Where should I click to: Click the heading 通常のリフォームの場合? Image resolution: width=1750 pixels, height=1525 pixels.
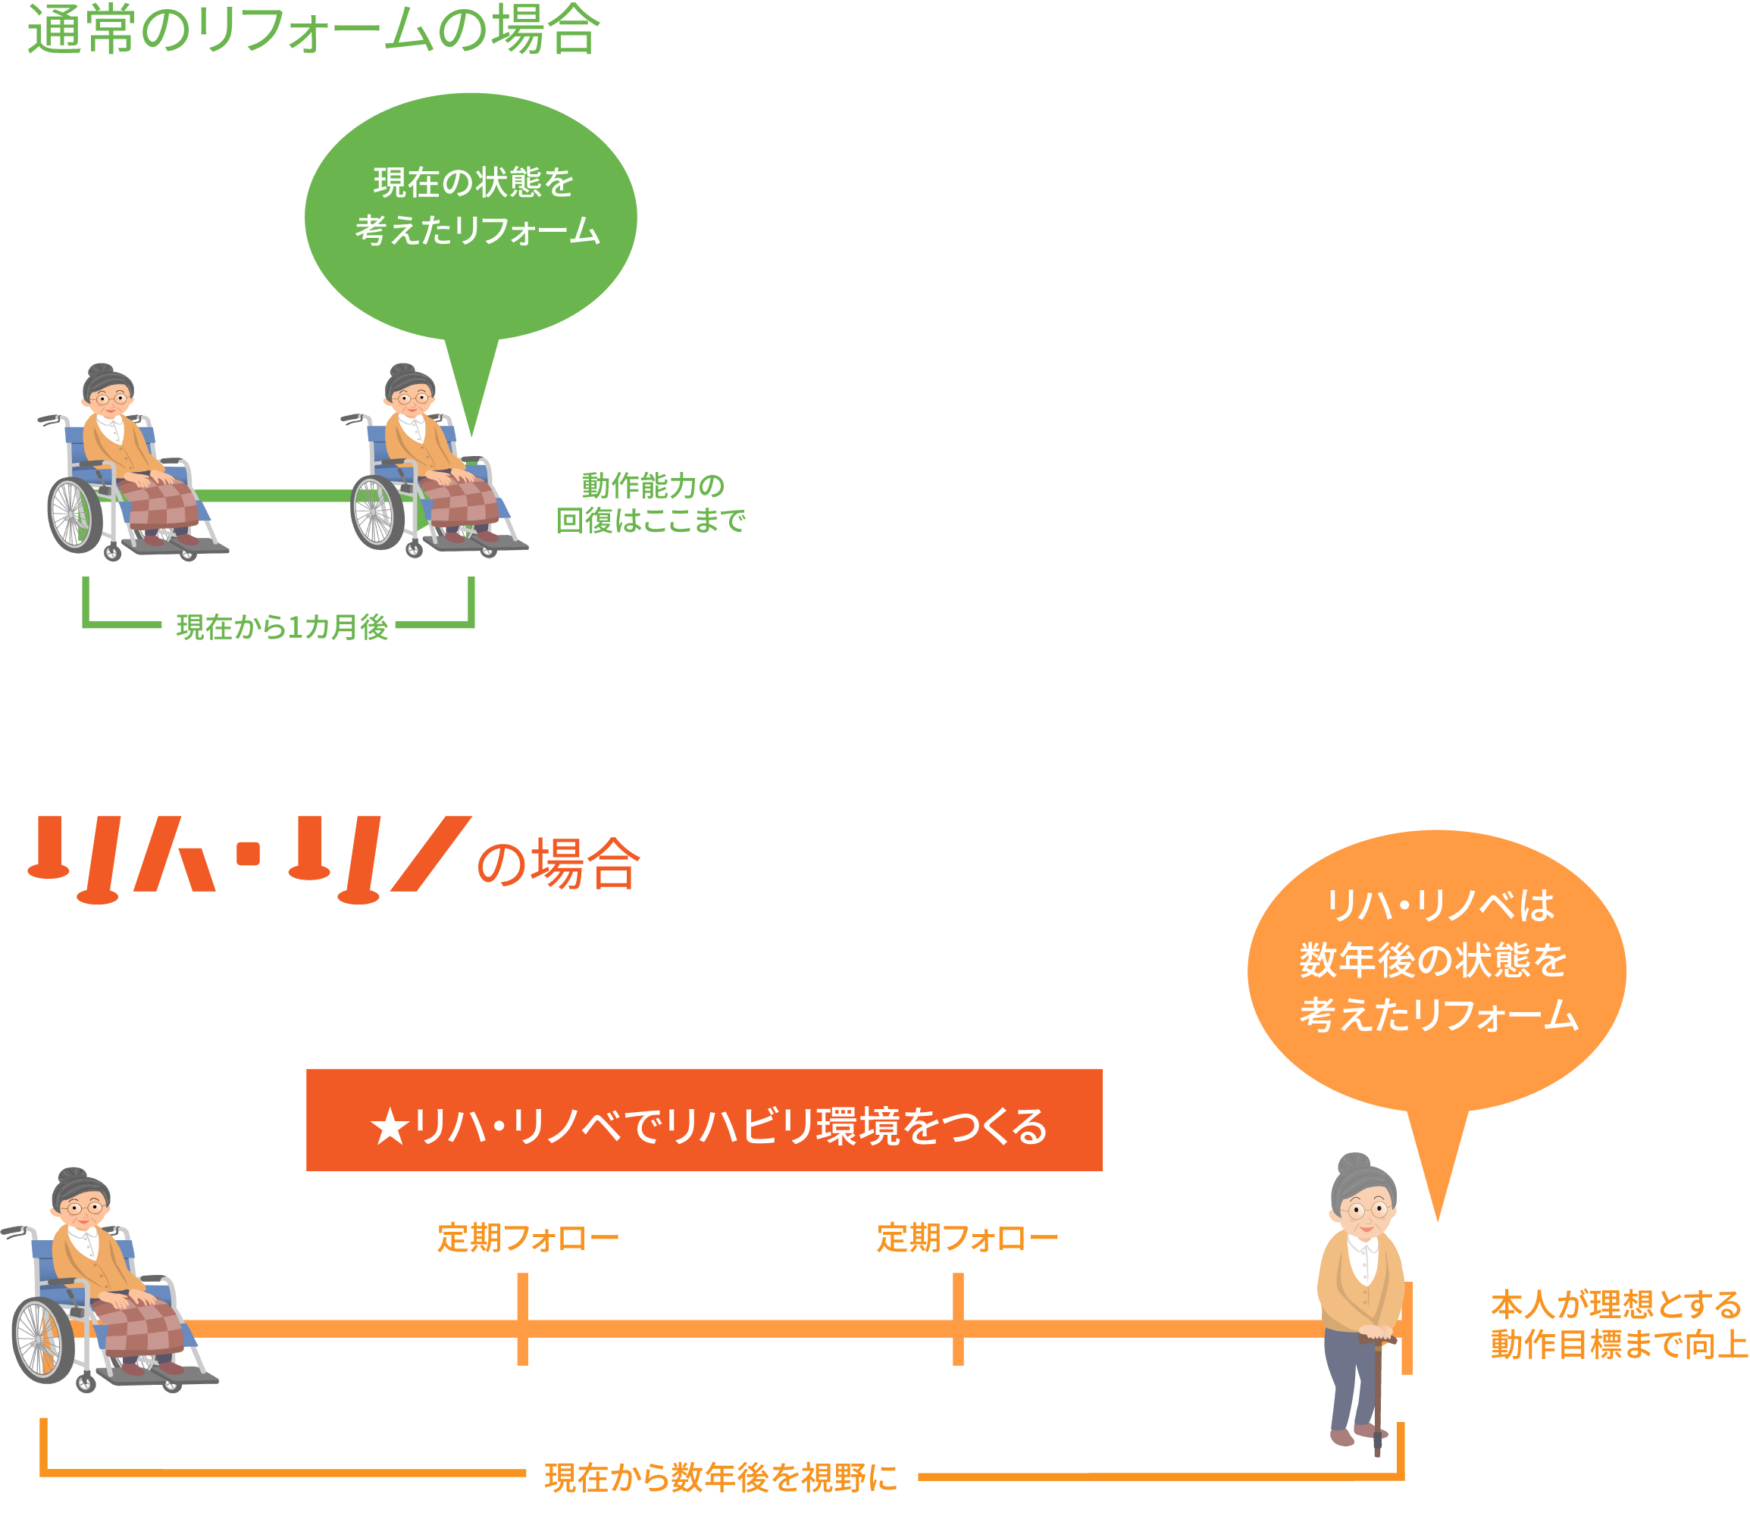tap(313, 30)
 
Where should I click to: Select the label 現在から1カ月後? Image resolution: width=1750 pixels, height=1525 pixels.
tap(282, 627)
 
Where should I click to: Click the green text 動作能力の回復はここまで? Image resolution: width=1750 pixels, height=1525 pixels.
tap(650, 503)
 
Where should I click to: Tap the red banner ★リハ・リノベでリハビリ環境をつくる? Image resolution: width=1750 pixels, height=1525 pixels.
tap(704, 1120)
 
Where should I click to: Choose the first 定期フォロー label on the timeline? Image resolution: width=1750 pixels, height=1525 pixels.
tap(528, 1238)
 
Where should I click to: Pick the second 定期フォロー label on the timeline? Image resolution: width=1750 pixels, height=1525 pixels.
tap(967, 1238)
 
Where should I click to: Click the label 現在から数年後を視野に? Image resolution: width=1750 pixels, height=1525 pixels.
tap(721, 1478)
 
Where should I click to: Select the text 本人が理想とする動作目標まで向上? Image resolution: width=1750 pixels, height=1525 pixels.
tap(1617, 1324)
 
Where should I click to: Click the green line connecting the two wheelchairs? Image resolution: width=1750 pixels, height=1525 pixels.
tap(272, 495)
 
